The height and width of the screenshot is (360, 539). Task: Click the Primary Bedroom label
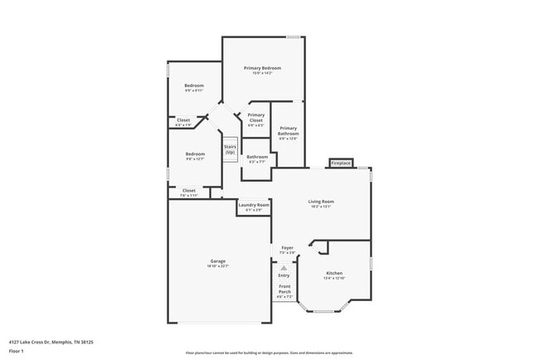tap(262, 68)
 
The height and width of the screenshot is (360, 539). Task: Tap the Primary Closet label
tap(255, 118)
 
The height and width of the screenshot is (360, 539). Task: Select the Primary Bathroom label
tap(288, 131)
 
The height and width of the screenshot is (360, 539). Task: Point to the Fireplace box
tap(341, 163)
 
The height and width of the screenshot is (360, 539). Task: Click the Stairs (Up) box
tap(230, 149)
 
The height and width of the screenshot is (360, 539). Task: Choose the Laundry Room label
tap(254, 205)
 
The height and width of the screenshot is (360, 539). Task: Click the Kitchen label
tap(334, 274)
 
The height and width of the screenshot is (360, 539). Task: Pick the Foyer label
tap(287, 248)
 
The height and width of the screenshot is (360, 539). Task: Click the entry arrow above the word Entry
tap(284, 268)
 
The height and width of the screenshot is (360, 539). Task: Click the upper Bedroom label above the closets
tap(194, 86)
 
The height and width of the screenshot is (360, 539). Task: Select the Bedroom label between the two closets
tap(195, 154)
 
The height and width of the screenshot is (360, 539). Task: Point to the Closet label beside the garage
tap(189, 191)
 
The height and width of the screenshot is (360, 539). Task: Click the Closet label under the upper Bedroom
tap(183, 120)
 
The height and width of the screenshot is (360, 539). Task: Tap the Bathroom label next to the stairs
tap(257, 157)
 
